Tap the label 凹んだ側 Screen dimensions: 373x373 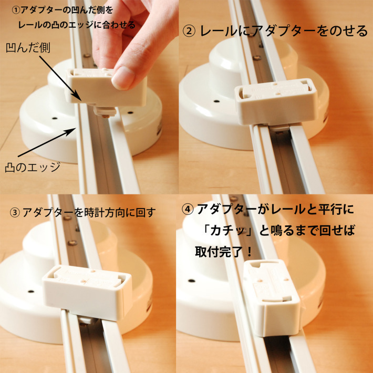[x=28, y=48]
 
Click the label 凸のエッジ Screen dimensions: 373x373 [x=33, y=167]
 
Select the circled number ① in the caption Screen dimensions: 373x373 [x=16, y=11]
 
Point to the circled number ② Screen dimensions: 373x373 [x=189, y=31]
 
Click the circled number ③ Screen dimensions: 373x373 [x=15, y=212]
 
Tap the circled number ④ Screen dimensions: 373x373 [x=187, y=209]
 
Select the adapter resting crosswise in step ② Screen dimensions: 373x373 [x=276, y=102]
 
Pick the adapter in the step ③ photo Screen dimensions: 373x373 [x=87, y=292]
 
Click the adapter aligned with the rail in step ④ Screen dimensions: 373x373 [x=272, y=297]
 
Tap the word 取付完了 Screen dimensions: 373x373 [x=217, y=252]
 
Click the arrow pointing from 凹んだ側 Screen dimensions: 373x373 [x=60, y=78]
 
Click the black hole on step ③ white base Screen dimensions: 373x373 [x=30, y=291]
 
